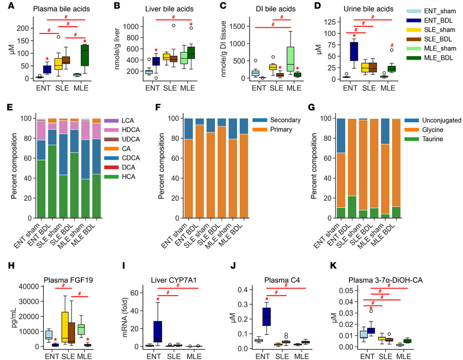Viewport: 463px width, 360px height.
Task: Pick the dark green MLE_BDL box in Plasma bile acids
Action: [x=85, y=55]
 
